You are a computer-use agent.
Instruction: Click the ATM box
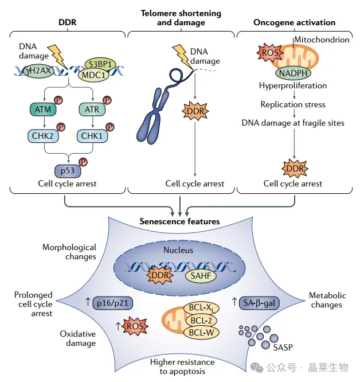(x=43, y=110)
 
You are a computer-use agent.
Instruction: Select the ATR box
(x=92, y=110)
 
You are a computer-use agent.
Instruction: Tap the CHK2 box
(x=43, y=136)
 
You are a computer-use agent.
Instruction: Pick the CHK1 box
(x=92, y=136)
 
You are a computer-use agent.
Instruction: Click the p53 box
(x=68, y=171)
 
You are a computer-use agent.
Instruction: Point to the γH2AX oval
(x=38, y=71)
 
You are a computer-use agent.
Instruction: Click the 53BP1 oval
(x=100, y=64)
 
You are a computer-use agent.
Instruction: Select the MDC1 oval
(x=93, y=75)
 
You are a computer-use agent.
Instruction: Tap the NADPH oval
(x=293, y=73)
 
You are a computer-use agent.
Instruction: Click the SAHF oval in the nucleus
(x=201, y=276)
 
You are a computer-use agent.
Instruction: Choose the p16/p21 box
(x=113, y=303)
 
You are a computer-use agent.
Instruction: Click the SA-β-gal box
(x=259, y=303)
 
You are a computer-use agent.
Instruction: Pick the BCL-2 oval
(x=201, y=321)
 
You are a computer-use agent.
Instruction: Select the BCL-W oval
(x=201, y=333)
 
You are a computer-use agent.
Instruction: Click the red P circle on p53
(x=83, y=162)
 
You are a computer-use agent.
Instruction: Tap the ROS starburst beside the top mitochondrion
(x=270, y=52)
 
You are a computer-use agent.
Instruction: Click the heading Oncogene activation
(x=294, y=22)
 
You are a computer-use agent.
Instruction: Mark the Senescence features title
(x=179, y=221)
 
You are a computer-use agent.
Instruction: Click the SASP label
(x=283, y=348)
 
